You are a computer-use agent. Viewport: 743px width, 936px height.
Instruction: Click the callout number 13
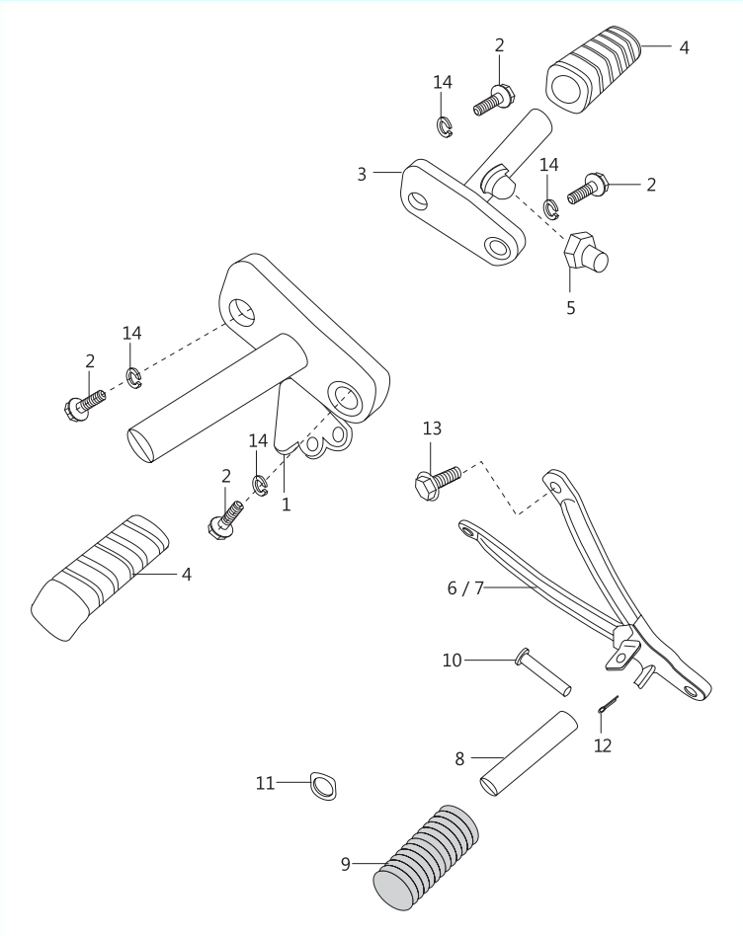point(432,429)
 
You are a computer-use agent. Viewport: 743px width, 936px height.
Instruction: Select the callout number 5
point(570,308)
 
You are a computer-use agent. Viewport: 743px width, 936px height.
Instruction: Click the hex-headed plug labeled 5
point(585,254)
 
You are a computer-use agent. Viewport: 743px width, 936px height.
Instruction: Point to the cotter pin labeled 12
point(608,704)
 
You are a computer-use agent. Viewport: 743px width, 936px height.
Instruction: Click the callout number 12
point(603,745)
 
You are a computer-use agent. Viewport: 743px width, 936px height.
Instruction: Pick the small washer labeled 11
point(323,786)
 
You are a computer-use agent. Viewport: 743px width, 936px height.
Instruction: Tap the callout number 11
point(265,783)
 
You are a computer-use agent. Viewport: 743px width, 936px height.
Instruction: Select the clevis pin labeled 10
point(542,672)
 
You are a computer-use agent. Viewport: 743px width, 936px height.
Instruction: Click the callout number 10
point(453,661)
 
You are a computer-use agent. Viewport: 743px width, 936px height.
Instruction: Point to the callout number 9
point(345,864)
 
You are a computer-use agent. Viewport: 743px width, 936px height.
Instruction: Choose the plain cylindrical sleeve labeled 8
point(530,754)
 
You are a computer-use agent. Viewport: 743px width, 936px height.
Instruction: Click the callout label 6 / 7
point(465,588)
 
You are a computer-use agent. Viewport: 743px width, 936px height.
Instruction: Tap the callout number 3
point(362,175)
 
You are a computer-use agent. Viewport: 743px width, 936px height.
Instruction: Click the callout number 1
point(287,505)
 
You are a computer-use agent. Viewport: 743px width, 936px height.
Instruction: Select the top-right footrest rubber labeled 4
point(593,70)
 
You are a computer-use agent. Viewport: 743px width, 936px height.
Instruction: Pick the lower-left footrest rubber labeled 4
point(100,578)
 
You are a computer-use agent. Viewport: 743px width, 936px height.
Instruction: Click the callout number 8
point(459,758)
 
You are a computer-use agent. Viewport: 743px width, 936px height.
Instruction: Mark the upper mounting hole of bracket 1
point(241,314)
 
